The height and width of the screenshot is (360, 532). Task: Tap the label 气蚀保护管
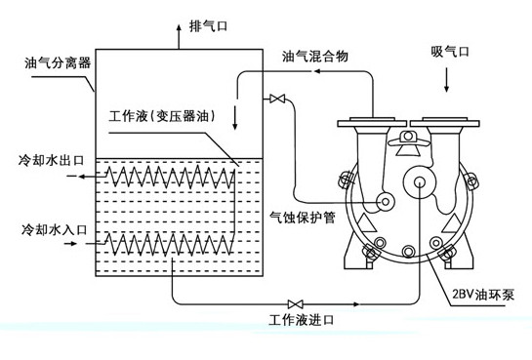[x=302, y=219]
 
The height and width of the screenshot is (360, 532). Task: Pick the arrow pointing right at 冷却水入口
[x=75, y=243]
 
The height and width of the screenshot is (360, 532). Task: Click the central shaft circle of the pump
[x=422, y=184]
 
